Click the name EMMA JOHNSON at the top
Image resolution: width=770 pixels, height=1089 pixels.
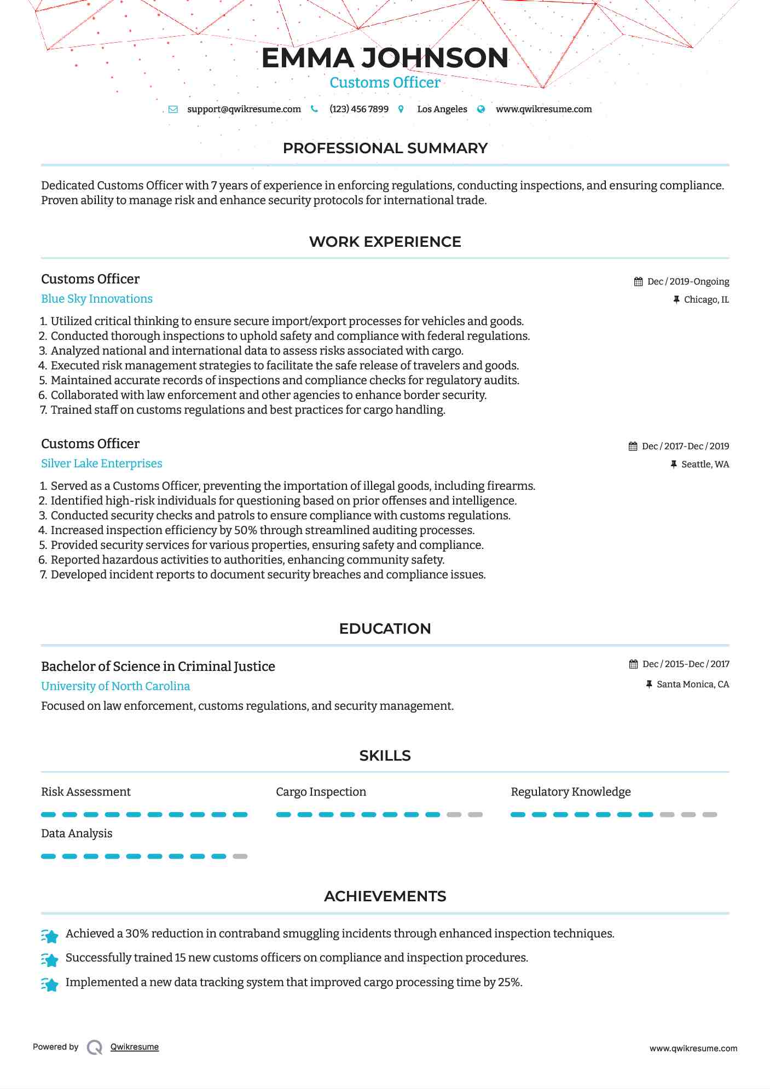coord(385,58)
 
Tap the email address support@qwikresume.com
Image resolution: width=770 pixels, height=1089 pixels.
coord(244,109)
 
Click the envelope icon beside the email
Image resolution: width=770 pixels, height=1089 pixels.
coord(173,109)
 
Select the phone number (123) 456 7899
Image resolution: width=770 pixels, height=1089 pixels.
coord(358,109)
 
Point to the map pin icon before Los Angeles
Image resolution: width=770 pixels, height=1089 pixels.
coord(401,109)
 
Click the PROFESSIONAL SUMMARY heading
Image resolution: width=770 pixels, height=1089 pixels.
coord(385,148)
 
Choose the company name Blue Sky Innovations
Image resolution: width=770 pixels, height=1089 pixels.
coord(97,299)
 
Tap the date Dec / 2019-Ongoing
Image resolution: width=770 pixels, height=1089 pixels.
coord(688,281)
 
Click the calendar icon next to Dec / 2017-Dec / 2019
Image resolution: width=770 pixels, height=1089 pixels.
coord(633,446)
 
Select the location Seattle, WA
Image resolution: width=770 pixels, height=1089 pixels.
coord(705,464)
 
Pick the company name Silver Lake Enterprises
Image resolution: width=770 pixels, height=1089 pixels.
coord(102,464)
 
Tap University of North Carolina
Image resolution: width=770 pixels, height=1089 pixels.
coord(115,686)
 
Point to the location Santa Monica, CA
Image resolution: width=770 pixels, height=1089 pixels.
coord(692,684)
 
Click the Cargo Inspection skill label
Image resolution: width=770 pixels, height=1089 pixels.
coord(321,792)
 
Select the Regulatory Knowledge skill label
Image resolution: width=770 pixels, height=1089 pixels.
coord(570,792)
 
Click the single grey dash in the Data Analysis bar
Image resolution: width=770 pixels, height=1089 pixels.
coord(240,856)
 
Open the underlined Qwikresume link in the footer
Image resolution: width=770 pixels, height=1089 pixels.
coord(135,1047)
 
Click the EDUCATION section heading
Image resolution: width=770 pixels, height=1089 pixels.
coord(385,629)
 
